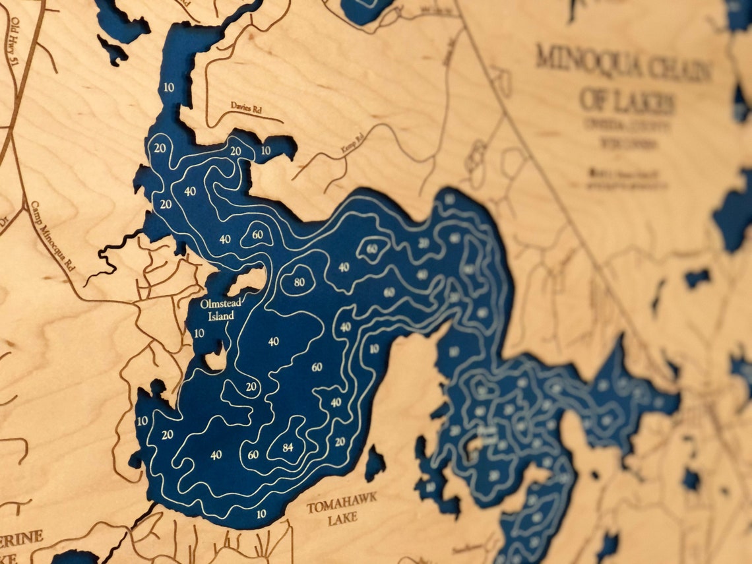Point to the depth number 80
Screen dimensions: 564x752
pos(299,282)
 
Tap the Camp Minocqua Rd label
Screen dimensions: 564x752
pos(53,238)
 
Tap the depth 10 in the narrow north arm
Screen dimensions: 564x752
pos(169,88)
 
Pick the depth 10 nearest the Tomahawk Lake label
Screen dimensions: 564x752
pos(261,514)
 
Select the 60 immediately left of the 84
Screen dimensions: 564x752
pos(253,454)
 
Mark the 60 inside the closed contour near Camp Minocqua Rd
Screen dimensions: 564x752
pos(257,235)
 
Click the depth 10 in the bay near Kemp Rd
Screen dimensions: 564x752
pos(265,150)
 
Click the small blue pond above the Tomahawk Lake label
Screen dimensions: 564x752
pos(375,462)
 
